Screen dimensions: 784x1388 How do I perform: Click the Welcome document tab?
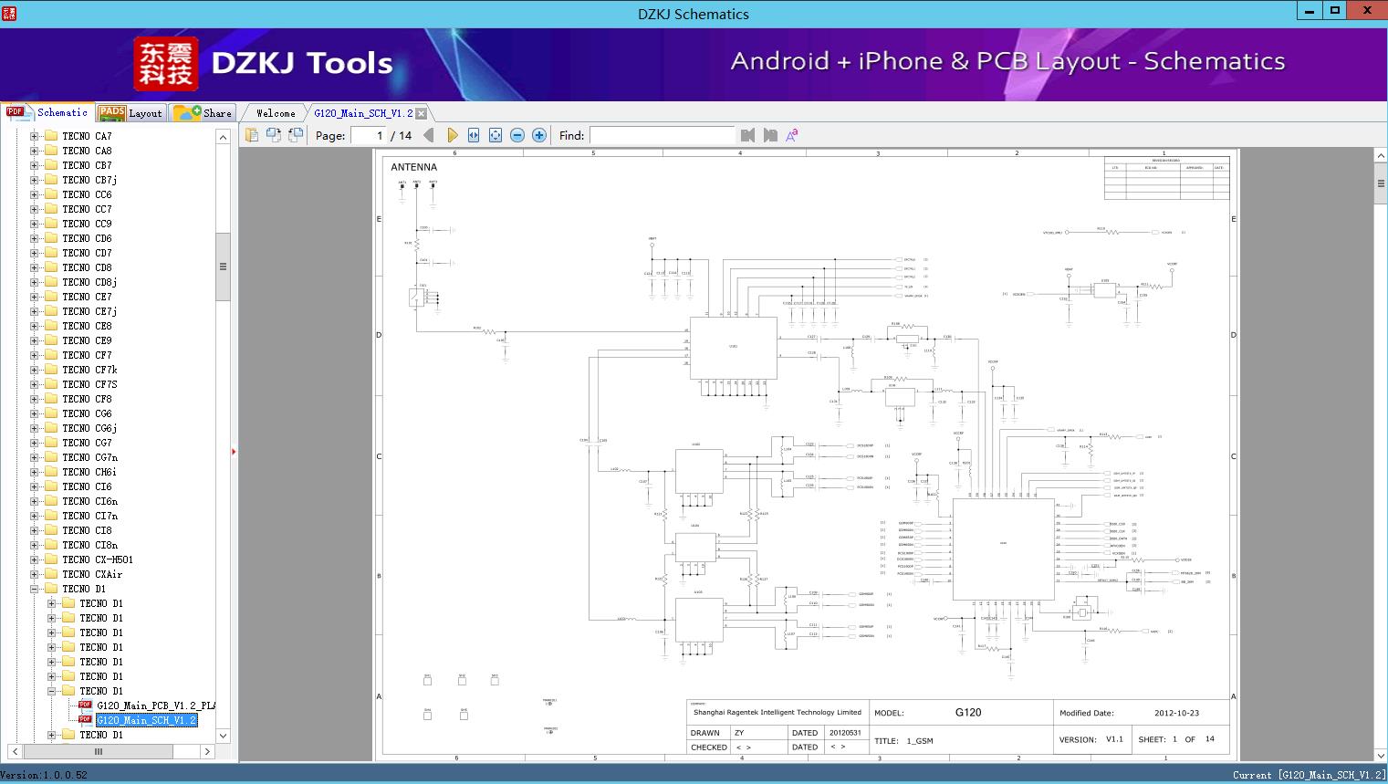pyautogui.click(x=275, y=113)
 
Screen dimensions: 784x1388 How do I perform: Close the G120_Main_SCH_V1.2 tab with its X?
pyautogui.click(x=422, y=113)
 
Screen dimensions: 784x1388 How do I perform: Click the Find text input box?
pyautogui.click(x=662, y=135)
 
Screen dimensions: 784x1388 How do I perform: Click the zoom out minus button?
pyautogui.click(x=517, y=135)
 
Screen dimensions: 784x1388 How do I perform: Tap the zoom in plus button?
pyautogui.click(x=539, y=135)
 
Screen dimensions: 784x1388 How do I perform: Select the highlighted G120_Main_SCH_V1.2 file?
pyautogui.click(x=146, y=720)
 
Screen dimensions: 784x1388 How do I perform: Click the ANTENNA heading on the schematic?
pyautogui.click(x=413, y=167)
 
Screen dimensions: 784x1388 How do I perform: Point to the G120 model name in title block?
pyautogui.click(x=967, y=712)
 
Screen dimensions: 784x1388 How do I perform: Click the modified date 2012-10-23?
pyautogui.click(x=1176, y=713)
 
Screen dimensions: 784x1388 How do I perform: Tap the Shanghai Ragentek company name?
pyautogui.click(x=777, y=712)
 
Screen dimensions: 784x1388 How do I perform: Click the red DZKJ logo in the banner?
pyautogui.click(x=165, y=64)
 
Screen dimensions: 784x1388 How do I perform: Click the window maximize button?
pyautogui.click(x=1335, y=11)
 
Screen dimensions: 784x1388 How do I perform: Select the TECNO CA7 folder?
pyautogui.click(x=87, y=136)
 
